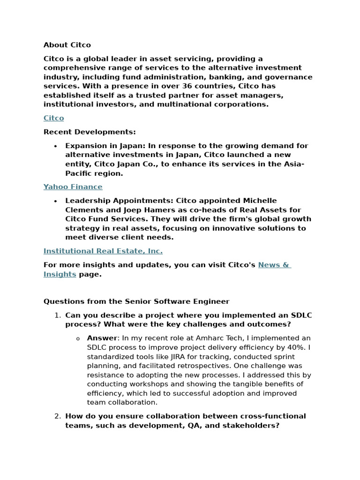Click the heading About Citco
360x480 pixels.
(67, 45)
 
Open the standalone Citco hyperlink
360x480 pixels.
(53, 118)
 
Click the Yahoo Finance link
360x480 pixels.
(73, 187)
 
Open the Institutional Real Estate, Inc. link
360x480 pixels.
(103, 251)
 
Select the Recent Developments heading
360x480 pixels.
(90, 132)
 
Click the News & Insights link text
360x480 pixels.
(274, 265)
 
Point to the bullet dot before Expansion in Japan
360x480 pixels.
(56, 146)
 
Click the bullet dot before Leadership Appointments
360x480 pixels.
(56, 201)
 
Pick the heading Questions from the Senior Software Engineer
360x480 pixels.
(136, 301)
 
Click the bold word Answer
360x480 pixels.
(102, 338)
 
